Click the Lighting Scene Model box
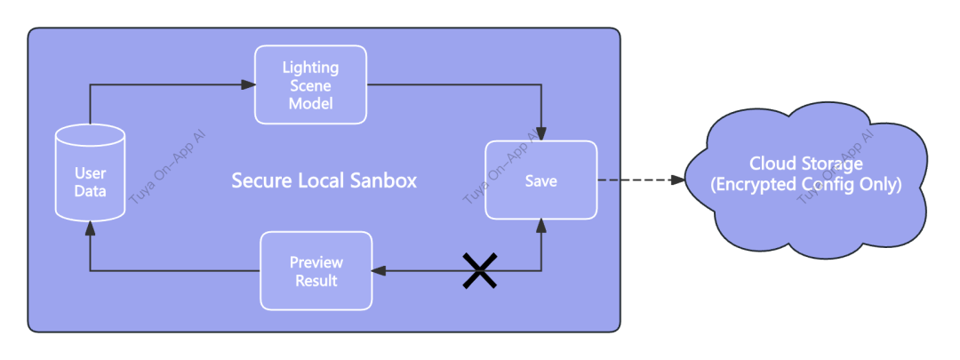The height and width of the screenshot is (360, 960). (x=310, y=85)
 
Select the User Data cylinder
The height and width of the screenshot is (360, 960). (x=90, y=174)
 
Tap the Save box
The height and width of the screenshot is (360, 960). (x=540, y=180)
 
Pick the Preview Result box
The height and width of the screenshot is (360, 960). (x=316, y=271)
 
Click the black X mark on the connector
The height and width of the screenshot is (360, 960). (x=479, y=270)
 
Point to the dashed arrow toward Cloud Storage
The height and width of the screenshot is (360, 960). (x=640, y=180)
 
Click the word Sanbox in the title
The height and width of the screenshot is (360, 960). (x=384, y=180)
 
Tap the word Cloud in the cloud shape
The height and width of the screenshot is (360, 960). (x=770, y=164)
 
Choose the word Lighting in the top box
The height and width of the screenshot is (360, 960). (x=310, y=68)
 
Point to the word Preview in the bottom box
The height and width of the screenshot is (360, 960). (x=316, y=262)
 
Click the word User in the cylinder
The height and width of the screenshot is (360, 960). (x=90, y=174)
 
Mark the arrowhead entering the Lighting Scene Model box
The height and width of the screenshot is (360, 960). (x=249, y=85)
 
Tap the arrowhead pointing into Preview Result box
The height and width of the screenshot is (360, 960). (x=379, y=271)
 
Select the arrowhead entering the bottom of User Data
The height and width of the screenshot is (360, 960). (x=90, y=228)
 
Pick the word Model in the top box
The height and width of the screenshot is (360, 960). (x=310, y=103)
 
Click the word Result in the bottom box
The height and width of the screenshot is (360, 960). (x=316, y=281)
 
